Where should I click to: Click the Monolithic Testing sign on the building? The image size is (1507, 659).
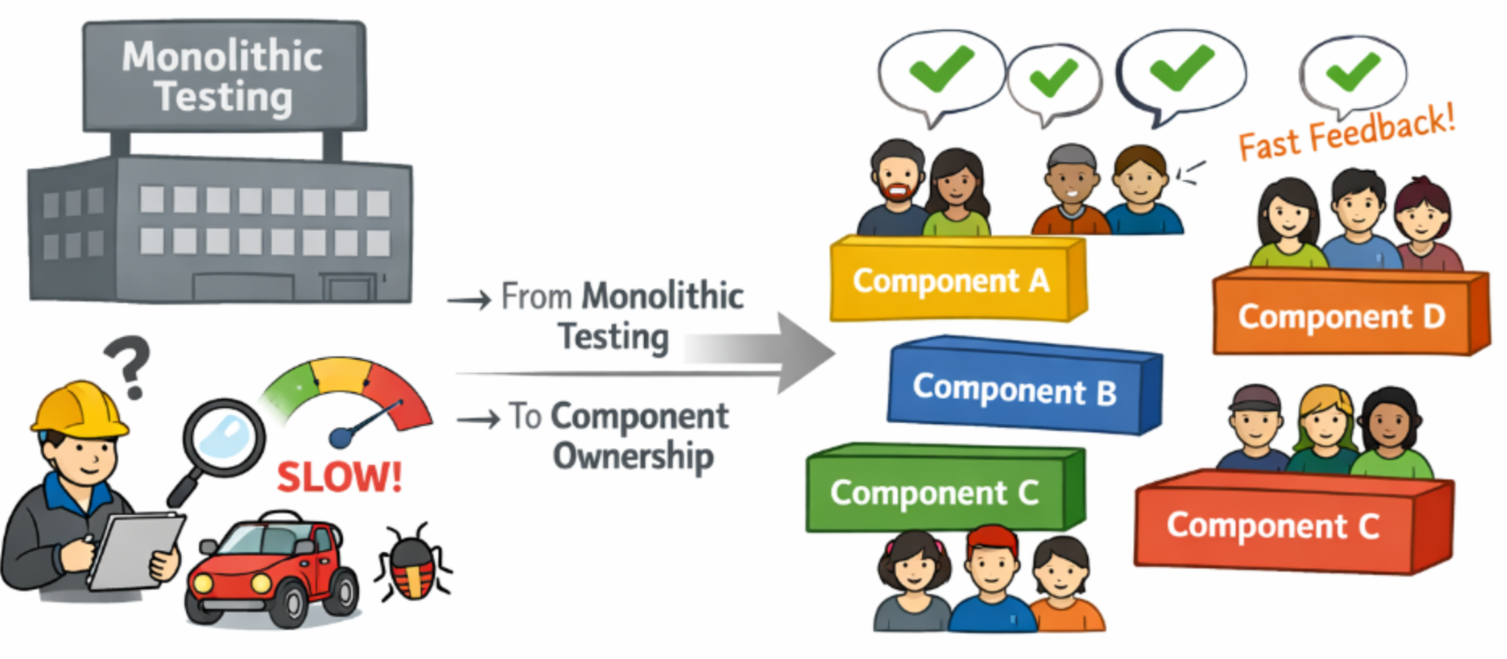(x=224, y=76)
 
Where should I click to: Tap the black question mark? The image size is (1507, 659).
(x=129, y=365)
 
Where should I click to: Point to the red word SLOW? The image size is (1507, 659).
(x=340, y=477)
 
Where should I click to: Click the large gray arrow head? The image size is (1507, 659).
(x=805, y=352)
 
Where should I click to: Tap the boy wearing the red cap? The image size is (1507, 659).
(x=992, y=565)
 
